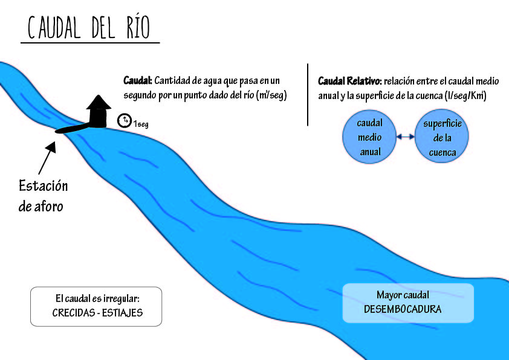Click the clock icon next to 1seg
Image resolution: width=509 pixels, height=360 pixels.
[124, 121]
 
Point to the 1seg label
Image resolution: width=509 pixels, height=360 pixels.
[141, 124]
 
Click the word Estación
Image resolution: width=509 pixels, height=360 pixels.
[43, 185]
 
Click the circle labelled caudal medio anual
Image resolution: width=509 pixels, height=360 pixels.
[369, 138]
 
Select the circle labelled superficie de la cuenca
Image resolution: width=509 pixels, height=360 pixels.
[443, 138]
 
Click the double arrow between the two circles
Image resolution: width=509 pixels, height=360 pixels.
[406, 137]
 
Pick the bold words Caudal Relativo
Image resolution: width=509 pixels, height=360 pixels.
[348, 80]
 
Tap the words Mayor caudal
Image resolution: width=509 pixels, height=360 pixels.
[403, 295]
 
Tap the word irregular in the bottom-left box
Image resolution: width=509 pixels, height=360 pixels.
[123, 299]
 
